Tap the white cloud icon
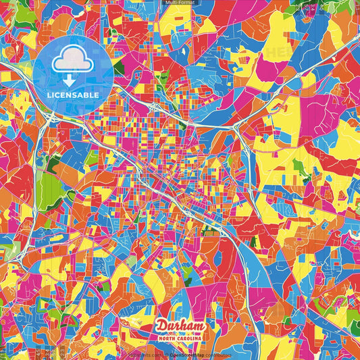tap(74, 61)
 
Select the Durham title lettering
tap(180, 327)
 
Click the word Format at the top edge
tap(188, 3)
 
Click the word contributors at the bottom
tap(215, 354)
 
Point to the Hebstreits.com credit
tap(142, 354)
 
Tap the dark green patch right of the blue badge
tap(119, 68)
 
